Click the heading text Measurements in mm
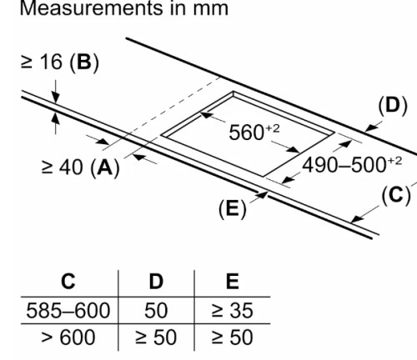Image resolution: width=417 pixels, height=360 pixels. pyautogui.click(x=124, y=8)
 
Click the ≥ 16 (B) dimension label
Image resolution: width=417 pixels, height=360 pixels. pyautogui.click(x=60, y=62)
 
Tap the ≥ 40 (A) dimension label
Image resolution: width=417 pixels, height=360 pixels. pyautogui.click(x=80, y=167)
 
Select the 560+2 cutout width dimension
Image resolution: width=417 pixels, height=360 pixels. pyautogui.click(x=254, y=132)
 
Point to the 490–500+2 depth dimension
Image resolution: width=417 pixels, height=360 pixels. pyautogui.click(x=352, y=165)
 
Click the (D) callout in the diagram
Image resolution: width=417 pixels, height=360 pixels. pyautogui.click(x=393, y=106)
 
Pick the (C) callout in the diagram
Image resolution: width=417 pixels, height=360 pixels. pyautogui.click(x=396, y=195)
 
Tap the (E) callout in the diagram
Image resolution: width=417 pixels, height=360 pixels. pyautogui.click(x=233, y=209)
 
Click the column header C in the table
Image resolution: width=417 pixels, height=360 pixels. pyautogui.click(x=68, y=282)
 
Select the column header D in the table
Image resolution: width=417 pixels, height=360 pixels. pyautogui.click(x=156, y=282)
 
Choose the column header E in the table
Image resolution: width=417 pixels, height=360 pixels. pyautogui.click(x=233, y=282)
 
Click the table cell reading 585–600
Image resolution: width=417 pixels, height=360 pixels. pyautogui.click(x=68, y=310)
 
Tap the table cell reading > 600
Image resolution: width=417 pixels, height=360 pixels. pyautogui.click(x=68, y=337)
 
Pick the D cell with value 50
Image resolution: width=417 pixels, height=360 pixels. pyautogui.click(x=156, y=310)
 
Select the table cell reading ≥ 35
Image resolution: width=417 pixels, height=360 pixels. pyautogui.click(x=233, y=310)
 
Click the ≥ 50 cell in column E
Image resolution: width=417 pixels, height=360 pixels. pyautogui.click(x=233, y=337)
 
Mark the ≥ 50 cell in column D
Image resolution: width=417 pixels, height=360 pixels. pyautogui.click(x=156, y=337)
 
